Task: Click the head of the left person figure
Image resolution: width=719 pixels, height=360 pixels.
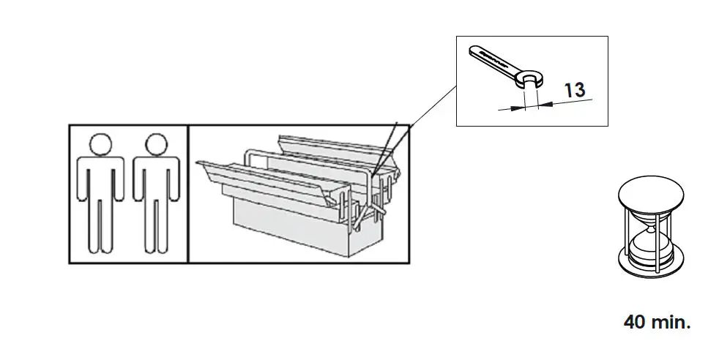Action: pos(101,144)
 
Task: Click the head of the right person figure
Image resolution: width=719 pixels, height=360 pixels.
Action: pos(156,144)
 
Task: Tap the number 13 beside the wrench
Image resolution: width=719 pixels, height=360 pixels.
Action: pos(575,90)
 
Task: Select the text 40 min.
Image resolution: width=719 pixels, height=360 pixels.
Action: pos(657,321)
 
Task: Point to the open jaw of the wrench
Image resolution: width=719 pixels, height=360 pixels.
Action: pos(530,78)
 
